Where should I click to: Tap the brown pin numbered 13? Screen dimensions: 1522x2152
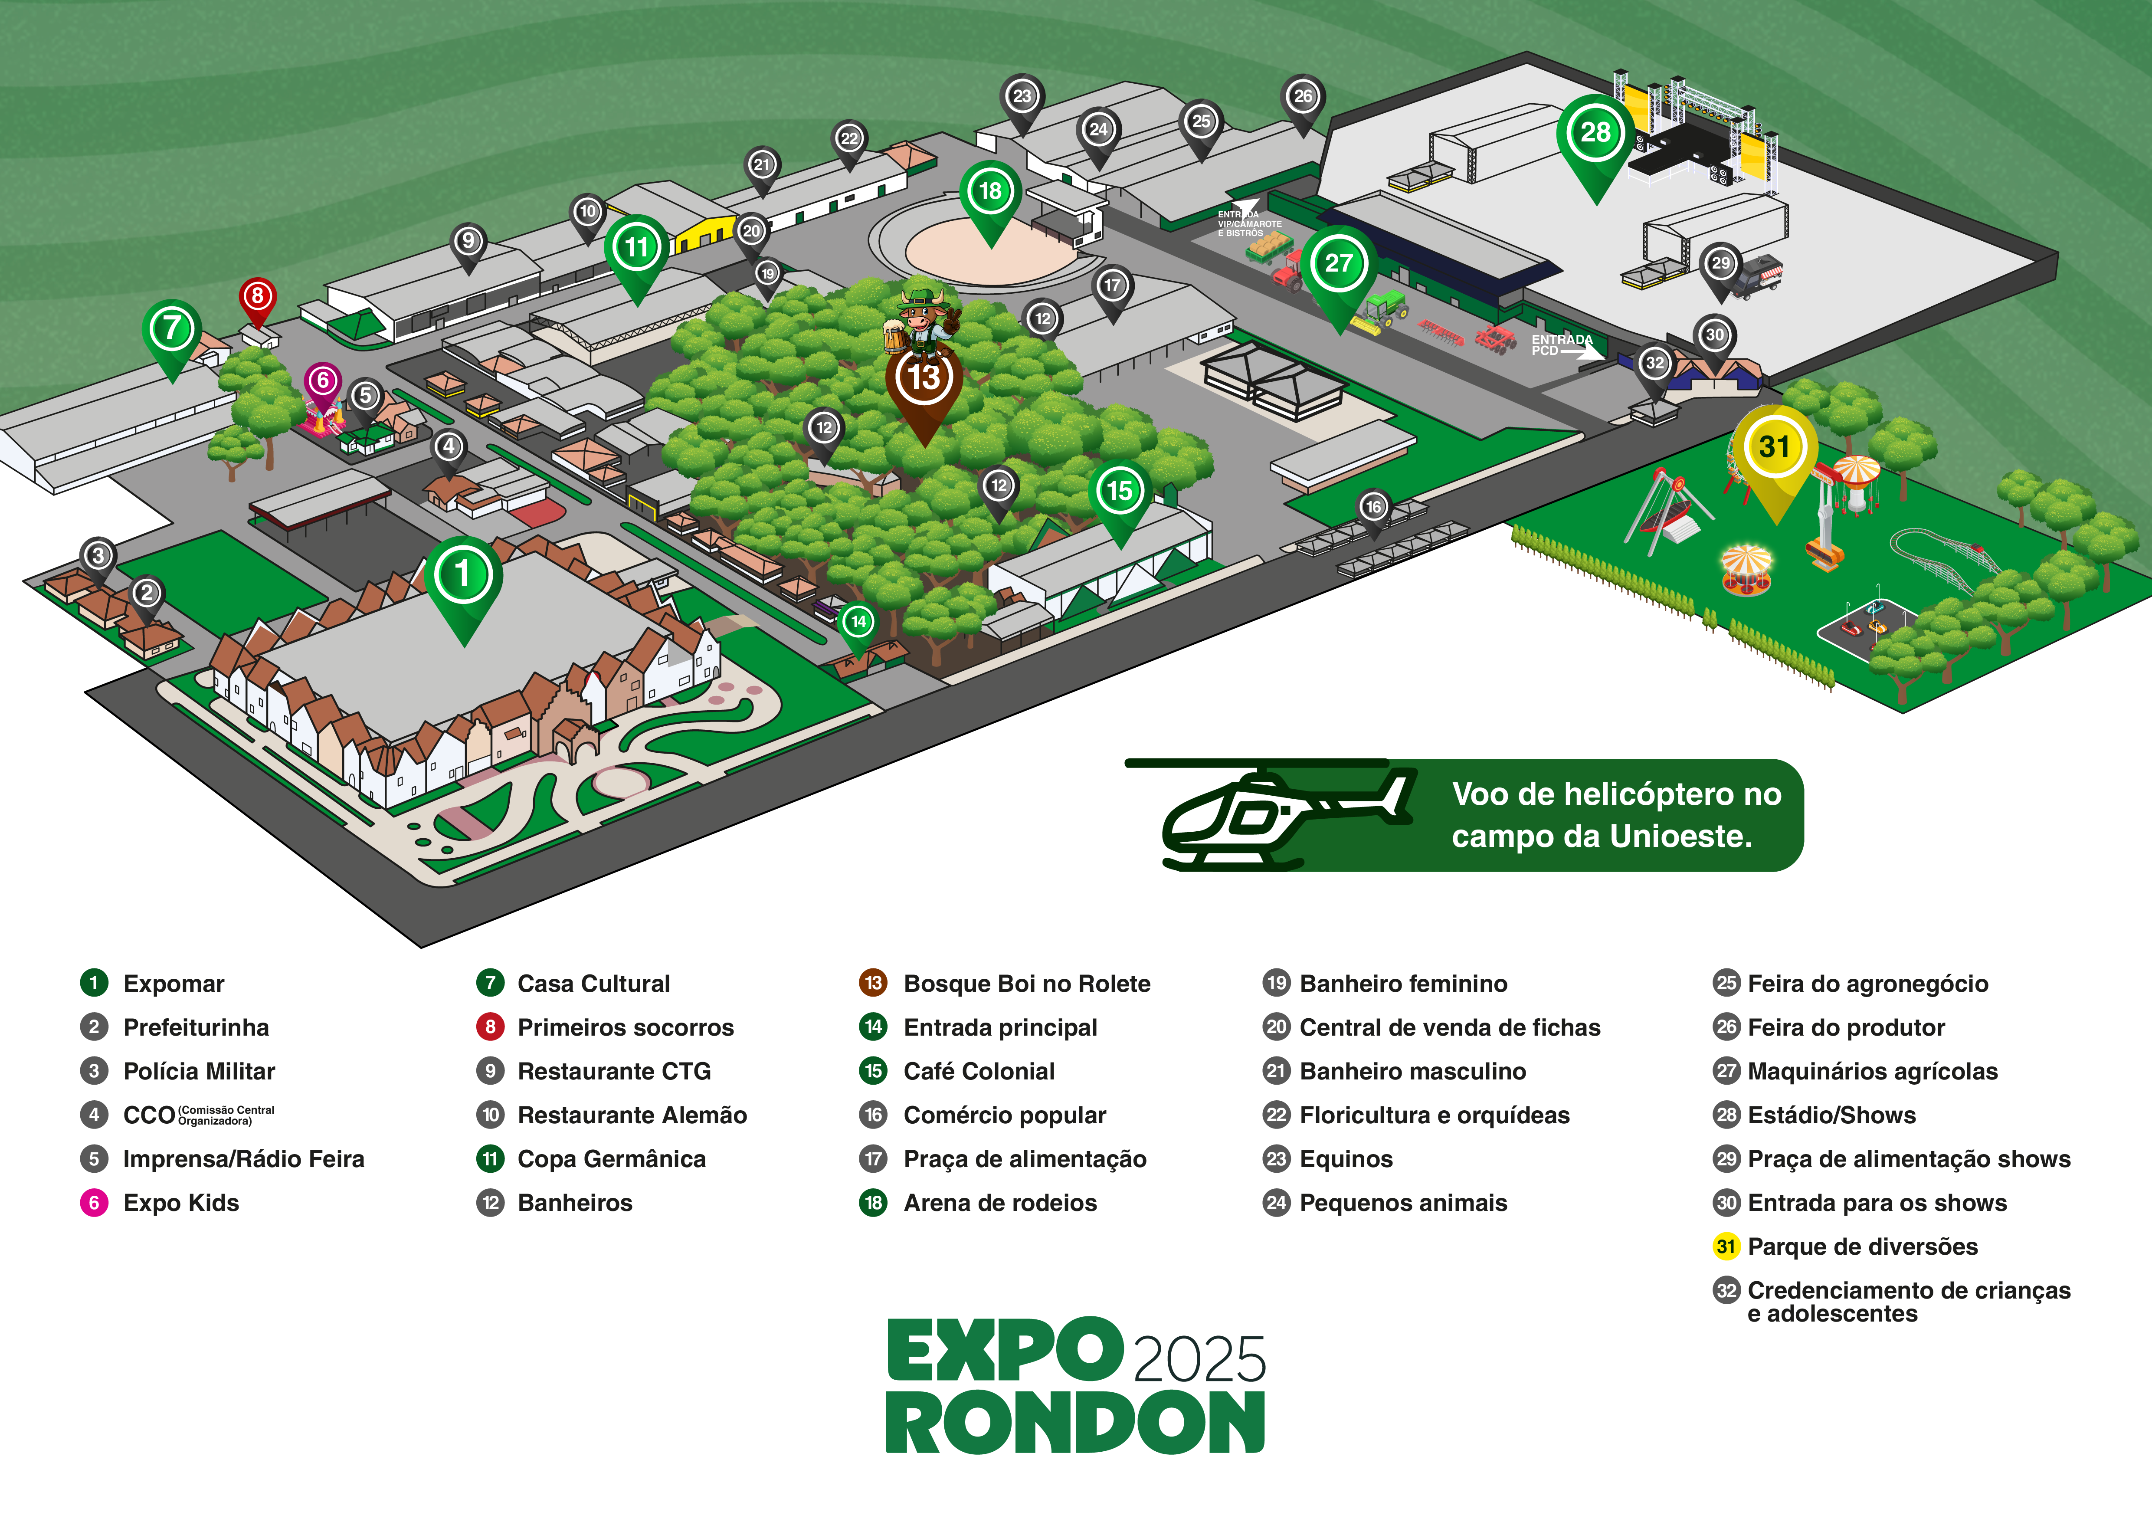pyautogui.click(x=924, y=380)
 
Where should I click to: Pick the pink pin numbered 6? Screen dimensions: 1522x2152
pyautogui.click(x=322, y=381)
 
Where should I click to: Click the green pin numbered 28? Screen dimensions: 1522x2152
pyautogui.click(x=1595, y=134)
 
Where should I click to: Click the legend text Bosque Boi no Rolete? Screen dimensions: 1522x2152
pyautogui.click(x=1026, y=984)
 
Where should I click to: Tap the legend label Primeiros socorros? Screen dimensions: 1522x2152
pyautogui.click(x=625, y=1028)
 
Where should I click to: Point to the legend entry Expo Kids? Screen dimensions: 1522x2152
pyautogui.click(x=181, y=1204)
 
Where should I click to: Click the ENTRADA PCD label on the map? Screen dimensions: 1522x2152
pyautogui.click(x=1561, y=345)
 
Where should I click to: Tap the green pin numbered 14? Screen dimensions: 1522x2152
pyautogui.click(x=858, y=622)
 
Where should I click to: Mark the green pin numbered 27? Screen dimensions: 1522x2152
pyautogui.click(x=1339, y=265)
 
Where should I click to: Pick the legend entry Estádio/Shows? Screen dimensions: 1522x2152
pyautogui.click(x=1831, y=1115)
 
